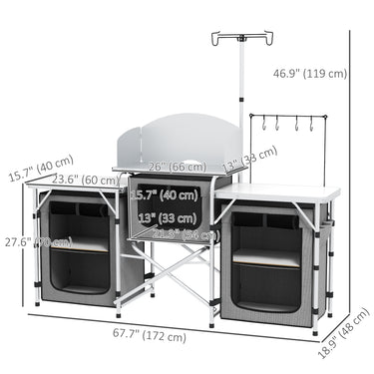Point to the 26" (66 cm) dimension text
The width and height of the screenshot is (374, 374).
pyautogui.click(x=171, y=167)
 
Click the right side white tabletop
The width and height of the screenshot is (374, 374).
pyautogui.click(x=284, y=190)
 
